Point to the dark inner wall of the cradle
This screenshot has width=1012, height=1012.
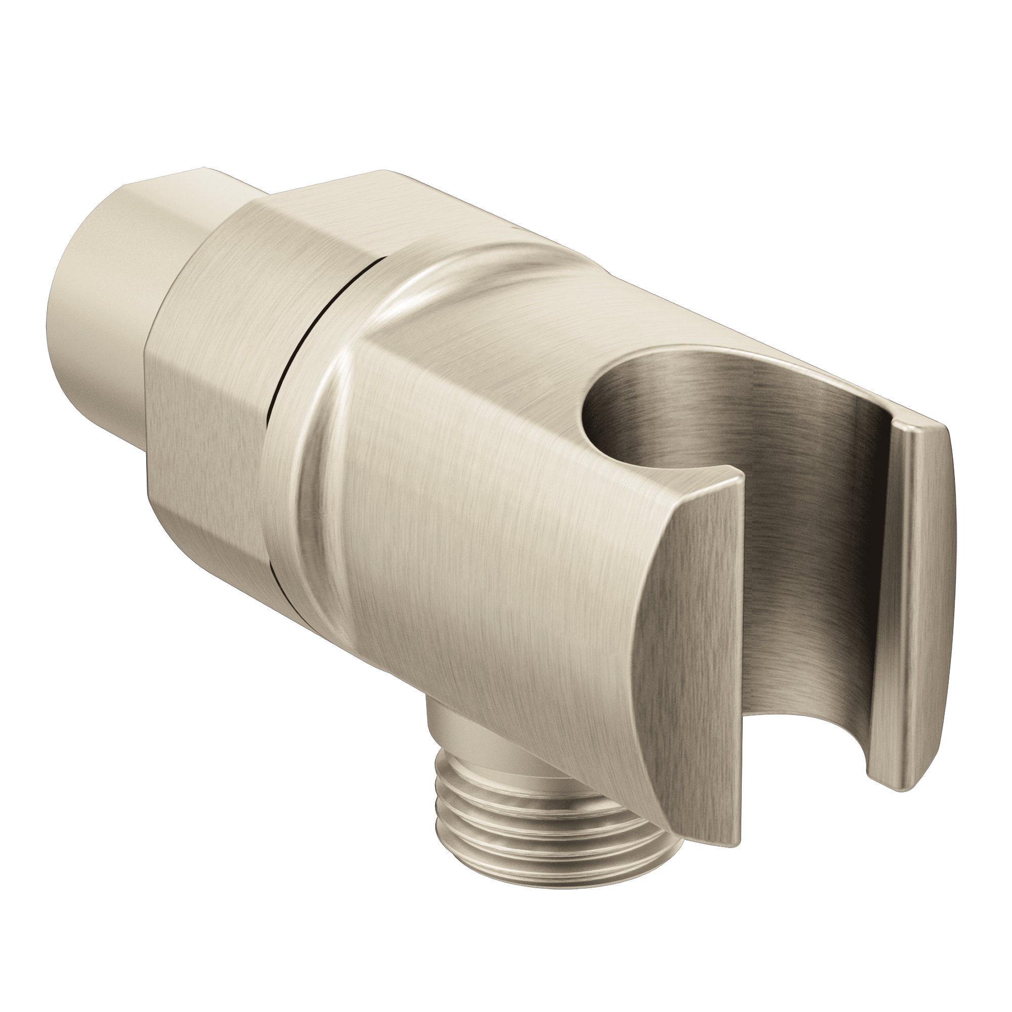(812, 524)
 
